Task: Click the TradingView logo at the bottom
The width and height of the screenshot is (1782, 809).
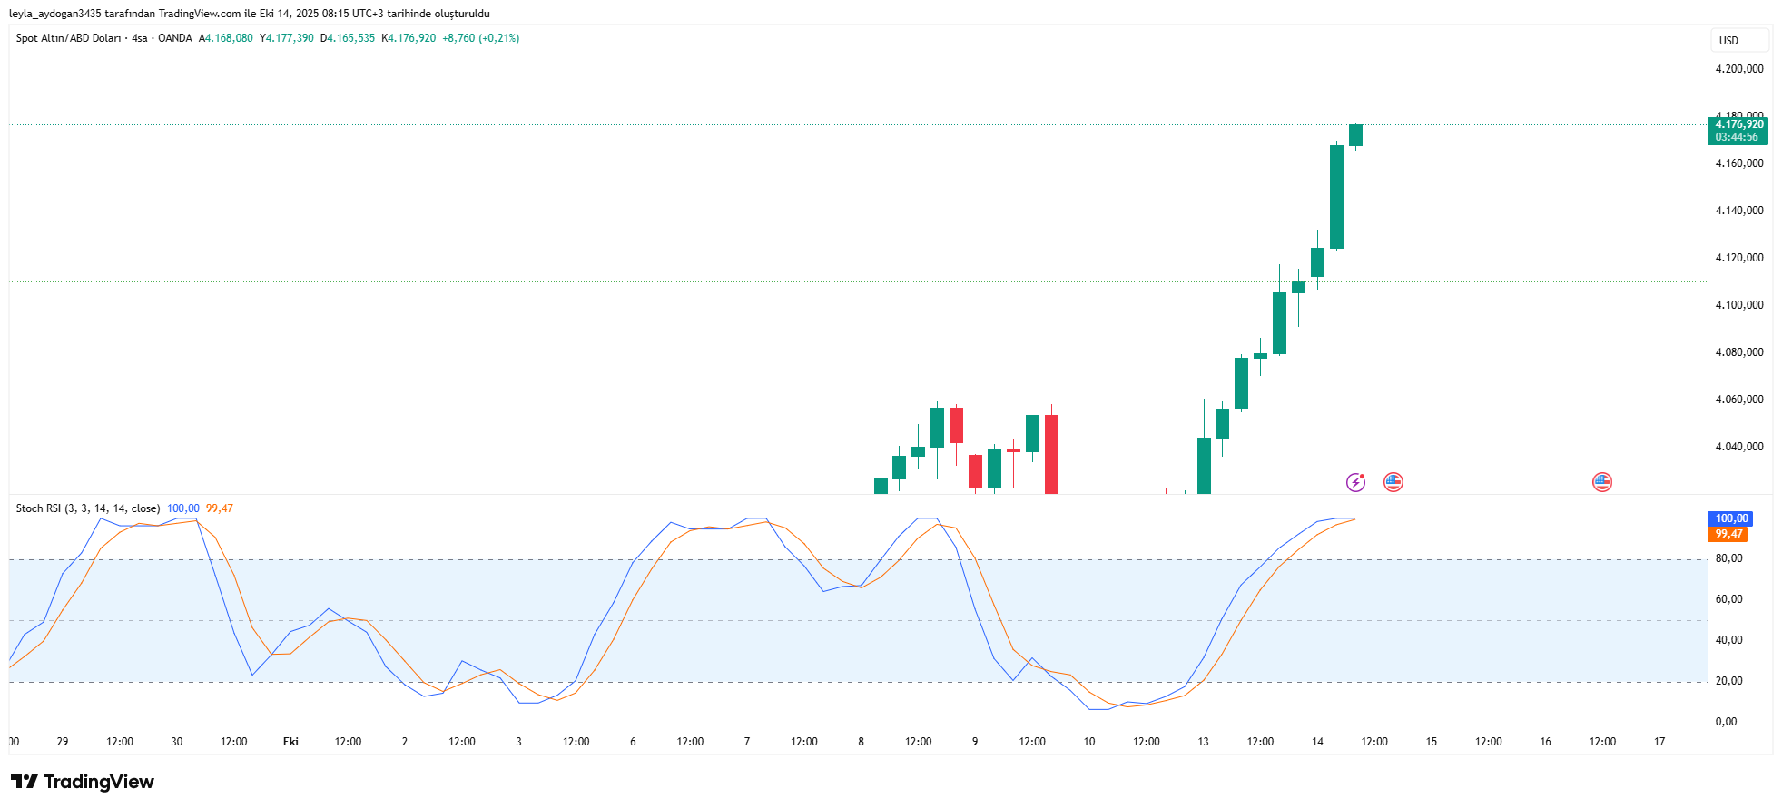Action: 83,782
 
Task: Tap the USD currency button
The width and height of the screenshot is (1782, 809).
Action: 1728,41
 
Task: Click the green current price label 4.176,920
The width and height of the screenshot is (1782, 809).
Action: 1738,124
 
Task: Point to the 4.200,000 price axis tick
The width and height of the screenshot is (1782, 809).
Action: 1738,69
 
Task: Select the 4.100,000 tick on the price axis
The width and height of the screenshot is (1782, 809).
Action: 1738,305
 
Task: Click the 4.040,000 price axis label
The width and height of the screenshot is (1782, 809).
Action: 1738,447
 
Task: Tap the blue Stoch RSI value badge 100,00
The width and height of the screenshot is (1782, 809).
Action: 1731,518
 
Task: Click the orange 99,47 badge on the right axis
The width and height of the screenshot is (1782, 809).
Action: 1728,534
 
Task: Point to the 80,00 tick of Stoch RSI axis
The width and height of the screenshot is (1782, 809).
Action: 1728,558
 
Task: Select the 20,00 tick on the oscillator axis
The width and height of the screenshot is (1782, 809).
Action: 1728,681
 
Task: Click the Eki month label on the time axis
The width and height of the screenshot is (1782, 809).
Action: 290,742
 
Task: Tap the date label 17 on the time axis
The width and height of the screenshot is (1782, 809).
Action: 1659,742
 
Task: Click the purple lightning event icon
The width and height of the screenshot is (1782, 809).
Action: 1355,482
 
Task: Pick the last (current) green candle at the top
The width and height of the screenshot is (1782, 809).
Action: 1355,135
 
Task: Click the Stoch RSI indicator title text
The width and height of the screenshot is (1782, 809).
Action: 88,508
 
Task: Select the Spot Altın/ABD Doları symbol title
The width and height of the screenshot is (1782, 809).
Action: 68,38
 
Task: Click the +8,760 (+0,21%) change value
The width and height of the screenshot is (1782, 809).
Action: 480,38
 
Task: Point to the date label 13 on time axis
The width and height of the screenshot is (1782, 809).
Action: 1203,742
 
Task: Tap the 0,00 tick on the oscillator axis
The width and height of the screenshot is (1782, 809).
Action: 1726,722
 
